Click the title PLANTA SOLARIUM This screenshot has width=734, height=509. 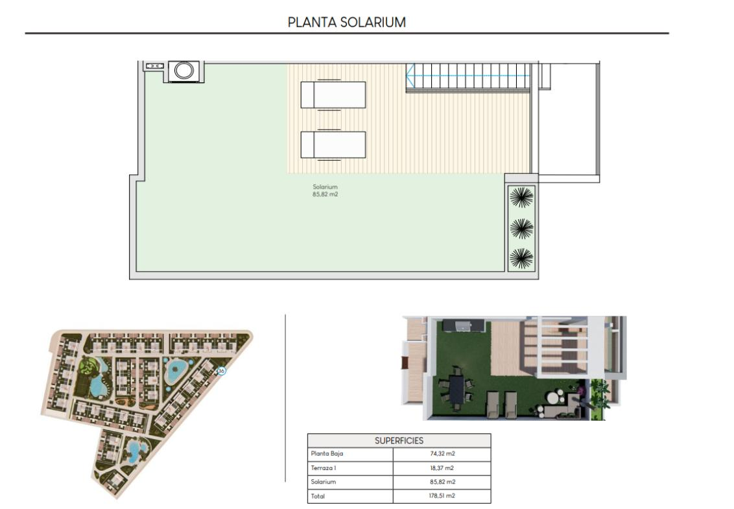coord(346,22)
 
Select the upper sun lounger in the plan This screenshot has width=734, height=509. coord(333,95)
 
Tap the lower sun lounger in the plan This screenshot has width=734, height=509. coord(333,145)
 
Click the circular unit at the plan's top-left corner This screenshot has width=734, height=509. coord(184,71)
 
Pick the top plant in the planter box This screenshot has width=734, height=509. coord(521,196)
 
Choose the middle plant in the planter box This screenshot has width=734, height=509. coord(521,228)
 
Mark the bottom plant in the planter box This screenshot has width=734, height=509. coord(521,259)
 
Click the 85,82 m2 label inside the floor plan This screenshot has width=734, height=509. coord(325,195)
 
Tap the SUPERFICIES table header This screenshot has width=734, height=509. coord(399,441)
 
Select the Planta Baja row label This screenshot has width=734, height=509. coord(327,454)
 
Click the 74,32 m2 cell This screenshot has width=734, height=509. coord(442,454)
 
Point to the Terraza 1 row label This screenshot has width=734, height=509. coord(324,468)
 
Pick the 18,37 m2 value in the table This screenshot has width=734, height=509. coord(442,468)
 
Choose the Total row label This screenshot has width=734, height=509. coord(318,496)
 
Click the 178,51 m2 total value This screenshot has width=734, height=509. coord(442,496)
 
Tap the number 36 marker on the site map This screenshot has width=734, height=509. coord(221,371)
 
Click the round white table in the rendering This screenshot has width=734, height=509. coord(556,399)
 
